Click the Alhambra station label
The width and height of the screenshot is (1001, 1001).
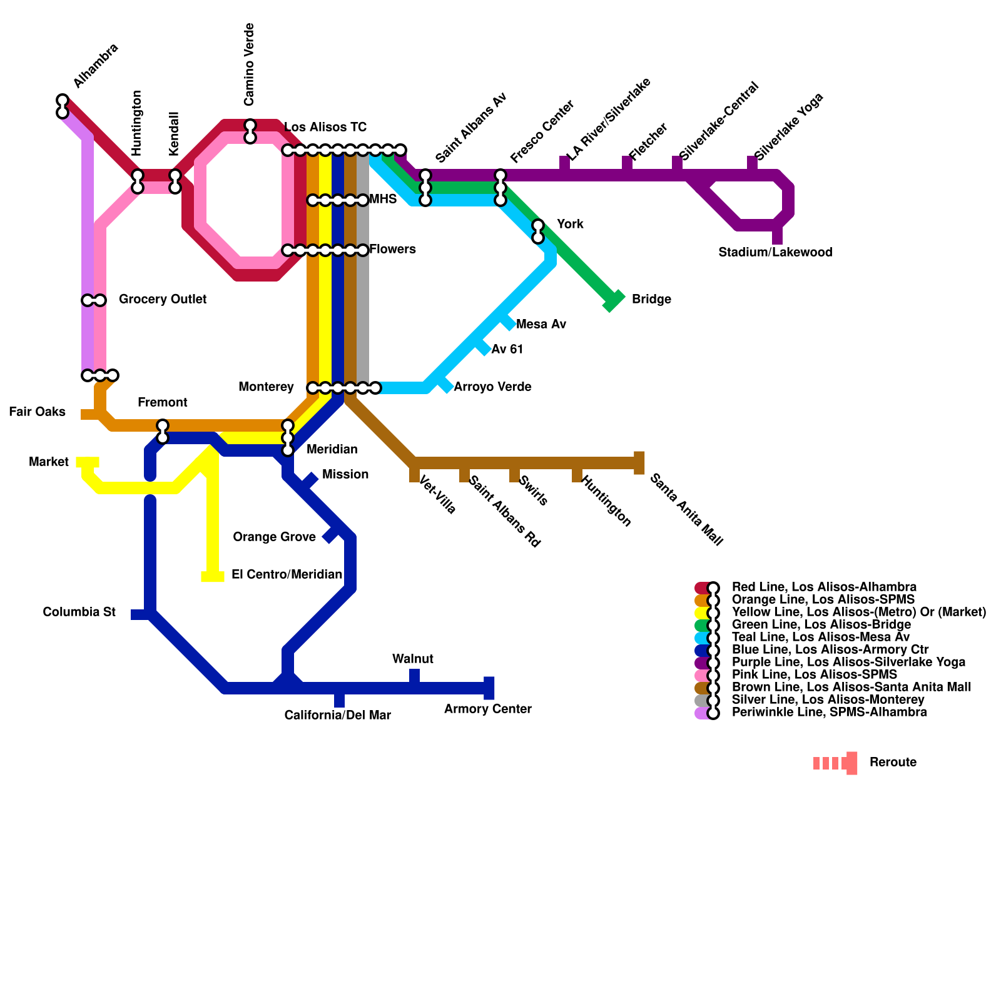(x=95, y=66)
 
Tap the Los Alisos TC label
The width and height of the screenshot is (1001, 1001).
(x=325, y=128)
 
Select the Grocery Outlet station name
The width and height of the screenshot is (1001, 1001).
(x=163, y=300)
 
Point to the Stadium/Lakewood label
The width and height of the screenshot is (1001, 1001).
(x=775, y=253)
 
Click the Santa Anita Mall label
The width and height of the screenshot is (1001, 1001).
(x=686, y=510)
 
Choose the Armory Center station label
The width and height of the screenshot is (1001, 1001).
(x=488, y=709)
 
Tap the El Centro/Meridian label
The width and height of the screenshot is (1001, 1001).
(x=287, y=575)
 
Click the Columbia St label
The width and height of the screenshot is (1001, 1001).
(x=79, y=612)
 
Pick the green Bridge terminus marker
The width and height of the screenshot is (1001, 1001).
(x=614, y=301)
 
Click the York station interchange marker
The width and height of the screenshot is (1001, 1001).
(x=538, y=231)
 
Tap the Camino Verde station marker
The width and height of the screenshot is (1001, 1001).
(x=250, y=131)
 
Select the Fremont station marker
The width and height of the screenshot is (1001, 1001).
(x=163, y=432)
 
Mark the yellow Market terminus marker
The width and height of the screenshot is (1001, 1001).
(x=88, y=462)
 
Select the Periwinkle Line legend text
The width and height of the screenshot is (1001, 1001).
(x=830, y=713)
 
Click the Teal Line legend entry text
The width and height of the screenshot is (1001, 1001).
(x=821, y=638)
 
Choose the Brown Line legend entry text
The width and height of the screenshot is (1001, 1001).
(x=851, y=688)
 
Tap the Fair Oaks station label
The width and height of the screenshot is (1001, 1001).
(x=38, y=412)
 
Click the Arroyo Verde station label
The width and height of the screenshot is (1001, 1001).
(x=492, y=387)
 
